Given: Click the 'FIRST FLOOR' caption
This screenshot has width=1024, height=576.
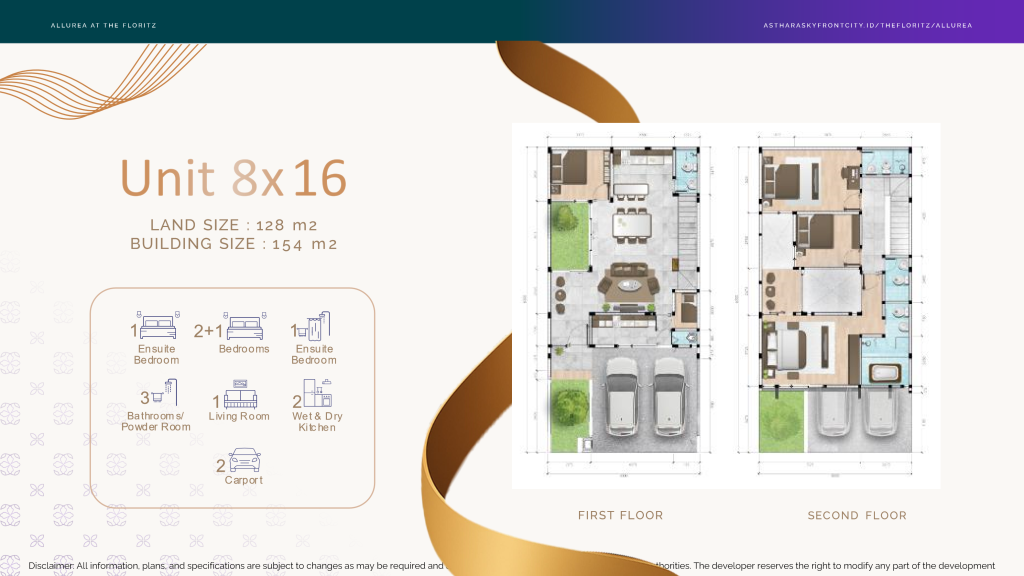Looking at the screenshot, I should coord(620,516).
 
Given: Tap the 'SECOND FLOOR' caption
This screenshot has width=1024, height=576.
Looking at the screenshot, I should coord(857,516).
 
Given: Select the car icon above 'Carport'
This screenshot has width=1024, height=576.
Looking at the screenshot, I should coord(245,460).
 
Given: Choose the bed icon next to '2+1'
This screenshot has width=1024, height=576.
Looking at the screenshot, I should coord(246,327).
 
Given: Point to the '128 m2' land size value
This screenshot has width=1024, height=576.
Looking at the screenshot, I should coord(287,225).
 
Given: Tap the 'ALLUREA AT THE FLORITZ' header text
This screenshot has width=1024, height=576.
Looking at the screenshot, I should coord(103,25).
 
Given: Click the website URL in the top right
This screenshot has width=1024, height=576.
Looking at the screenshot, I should coord(867,25).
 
